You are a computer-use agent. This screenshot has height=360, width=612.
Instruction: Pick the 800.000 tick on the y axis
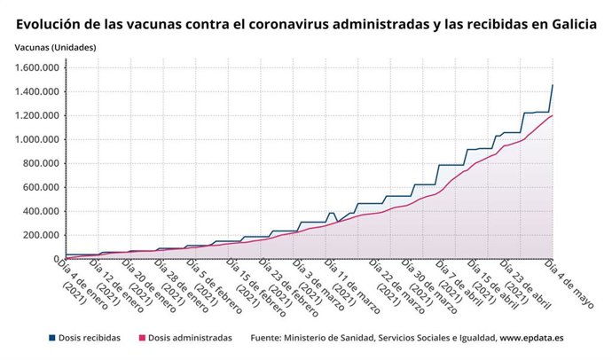click(43, 163)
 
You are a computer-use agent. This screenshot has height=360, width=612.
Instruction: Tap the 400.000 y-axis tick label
click(43, 211)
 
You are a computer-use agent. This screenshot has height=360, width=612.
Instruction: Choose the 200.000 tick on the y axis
click(43, 235)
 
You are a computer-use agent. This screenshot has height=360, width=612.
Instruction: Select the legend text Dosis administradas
click(190, 338)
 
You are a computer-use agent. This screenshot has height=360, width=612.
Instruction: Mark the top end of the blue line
click(553, 85)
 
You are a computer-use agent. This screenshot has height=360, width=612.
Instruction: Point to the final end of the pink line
click(553, 115)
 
